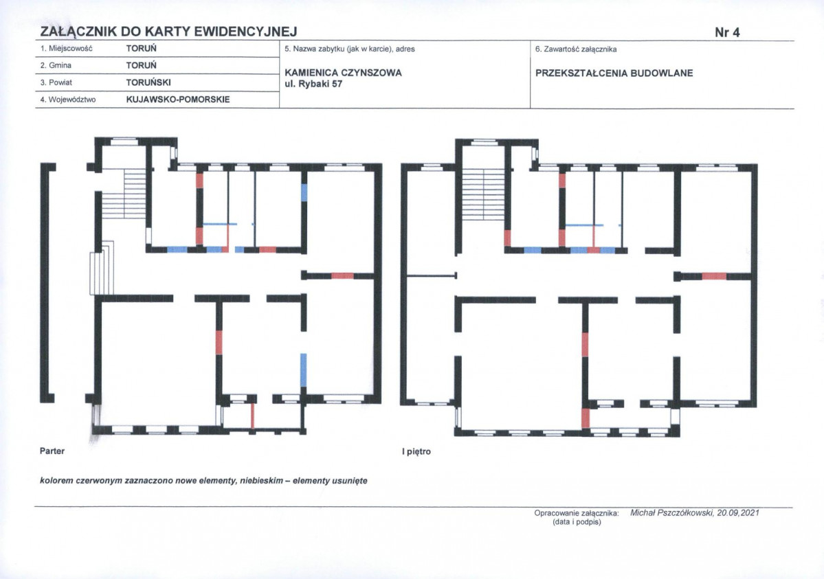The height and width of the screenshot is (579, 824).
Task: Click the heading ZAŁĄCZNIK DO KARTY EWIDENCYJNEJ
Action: (x=168, y=32)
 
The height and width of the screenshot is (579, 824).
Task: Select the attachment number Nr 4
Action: (x=727, y=32)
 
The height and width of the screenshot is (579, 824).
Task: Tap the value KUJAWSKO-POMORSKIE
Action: (x=178, y=100)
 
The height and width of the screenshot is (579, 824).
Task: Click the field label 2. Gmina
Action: (x=56, y=65)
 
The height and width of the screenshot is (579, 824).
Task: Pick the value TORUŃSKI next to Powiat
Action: (x=148, y=82)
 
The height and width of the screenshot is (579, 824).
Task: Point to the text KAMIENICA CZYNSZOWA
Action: (x=343, y=73)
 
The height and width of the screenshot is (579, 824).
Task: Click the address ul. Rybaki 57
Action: (x=313, y=84)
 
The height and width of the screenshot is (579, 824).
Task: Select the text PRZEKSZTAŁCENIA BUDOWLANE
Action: (x=614, y=73)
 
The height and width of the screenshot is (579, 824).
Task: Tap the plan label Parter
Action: (x=52, y=451)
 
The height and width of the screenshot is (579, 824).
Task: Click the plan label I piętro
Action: (x=416, y=451)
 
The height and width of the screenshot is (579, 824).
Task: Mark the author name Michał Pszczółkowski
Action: (x=671, y=513)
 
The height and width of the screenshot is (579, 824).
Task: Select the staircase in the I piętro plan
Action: (x=482, y=194)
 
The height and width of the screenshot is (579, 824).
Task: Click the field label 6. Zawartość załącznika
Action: (x=576, y=49)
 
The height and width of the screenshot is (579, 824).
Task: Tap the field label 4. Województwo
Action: (x=68, y=100)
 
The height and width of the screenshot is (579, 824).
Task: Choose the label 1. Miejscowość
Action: (x=66, y=48)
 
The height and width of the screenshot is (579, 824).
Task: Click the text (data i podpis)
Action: (x=577, y=522)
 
